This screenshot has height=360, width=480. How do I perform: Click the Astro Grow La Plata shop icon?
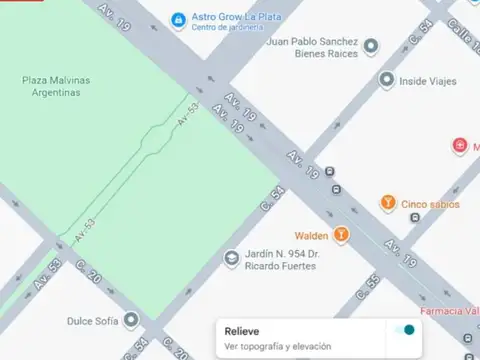(x=178, y=19)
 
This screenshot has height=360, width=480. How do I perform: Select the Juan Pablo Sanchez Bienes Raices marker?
(x=371, y=45)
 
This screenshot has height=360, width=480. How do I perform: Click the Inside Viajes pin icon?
(x=386, y=79)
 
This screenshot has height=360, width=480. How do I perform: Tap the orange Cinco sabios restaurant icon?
(x=387, y=204)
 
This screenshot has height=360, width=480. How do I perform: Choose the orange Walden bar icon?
(x=342, y=235)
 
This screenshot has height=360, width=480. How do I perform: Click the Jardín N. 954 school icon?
(x=231, y=260)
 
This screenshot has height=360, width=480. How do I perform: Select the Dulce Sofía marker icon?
(x=131, y=321)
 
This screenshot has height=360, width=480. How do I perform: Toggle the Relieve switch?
(x=404, y=331)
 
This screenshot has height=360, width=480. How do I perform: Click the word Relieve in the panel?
(x=242, y=331)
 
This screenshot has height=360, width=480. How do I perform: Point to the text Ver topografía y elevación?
(x=276, y=346)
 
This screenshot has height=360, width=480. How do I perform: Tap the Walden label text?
(x=311, y=235)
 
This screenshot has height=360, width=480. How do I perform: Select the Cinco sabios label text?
(x=431, y=204)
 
